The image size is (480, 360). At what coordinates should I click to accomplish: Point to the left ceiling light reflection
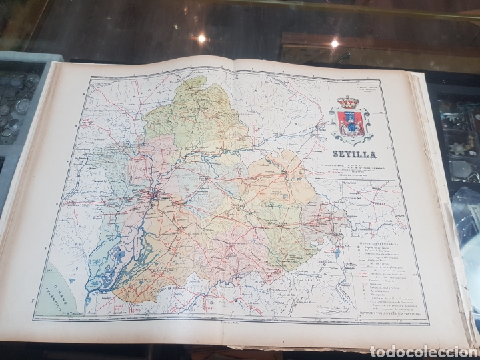(x=201, y=39)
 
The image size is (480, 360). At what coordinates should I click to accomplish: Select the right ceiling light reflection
(x=335, y=43)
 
